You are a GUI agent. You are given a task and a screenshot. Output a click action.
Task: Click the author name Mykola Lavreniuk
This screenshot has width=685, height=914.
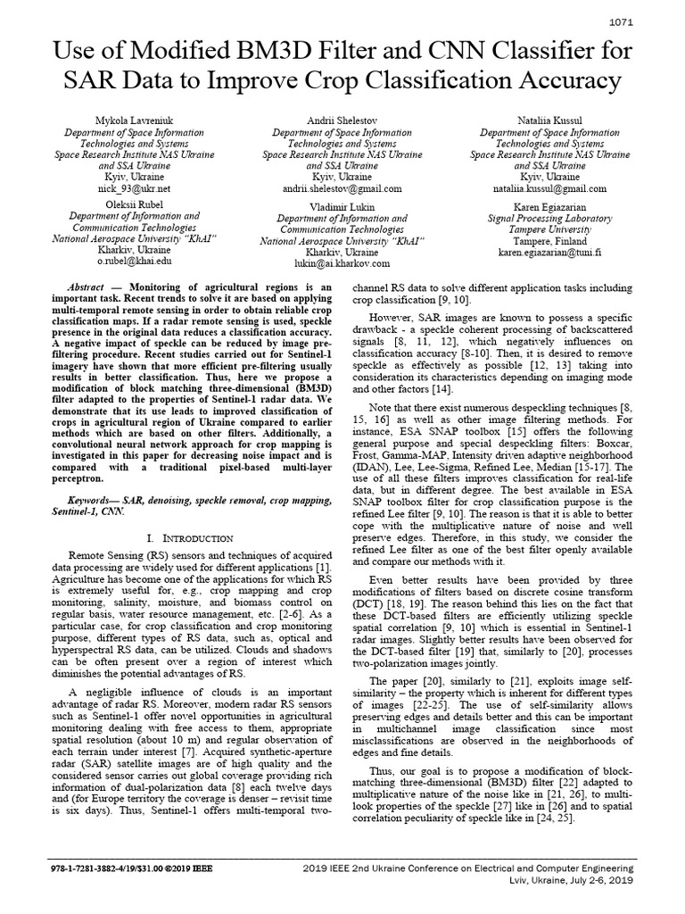(x=134, y=120)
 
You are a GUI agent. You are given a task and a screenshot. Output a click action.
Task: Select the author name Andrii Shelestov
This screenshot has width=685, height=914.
(x=343, y=120)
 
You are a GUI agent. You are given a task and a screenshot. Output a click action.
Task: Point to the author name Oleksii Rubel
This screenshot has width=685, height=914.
(x=134, y=204)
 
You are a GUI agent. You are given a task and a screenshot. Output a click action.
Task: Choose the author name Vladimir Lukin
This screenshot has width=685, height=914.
(x=342, y=206)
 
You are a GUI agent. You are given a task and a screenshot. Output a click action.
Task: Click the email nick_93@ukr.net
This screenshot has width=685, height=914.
(x=134, y=189)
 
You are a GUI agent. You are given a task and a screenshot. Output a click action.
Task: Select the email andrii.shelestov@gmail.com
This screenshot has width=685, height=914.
(x=343, y=189)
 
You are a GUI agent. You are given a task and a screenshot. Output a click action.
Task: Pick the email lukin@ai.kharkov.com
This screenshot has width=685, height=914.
(x=342, y=264)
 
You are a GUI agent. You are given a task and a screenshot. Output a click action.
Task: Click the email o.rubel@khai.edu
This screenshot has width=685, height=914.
(x=134, y=262)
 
